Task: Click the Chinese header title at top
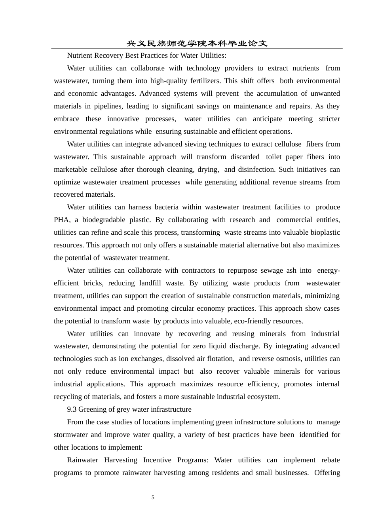(x=197, y=44)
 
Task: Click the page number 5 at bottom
(x=153, y=498)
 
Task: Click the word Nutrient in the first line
(x=79, y=55)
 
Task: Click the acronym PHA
(x=61, y=220)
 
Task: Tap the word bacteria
(x=166, y=207)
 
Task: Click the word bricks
(x=93, y=283)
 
